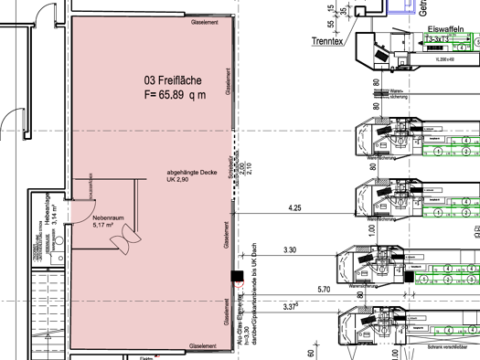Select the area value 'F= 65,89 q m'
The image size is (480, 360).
pos(175,93)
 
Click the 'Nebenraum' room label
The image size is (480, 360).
pos(108,218)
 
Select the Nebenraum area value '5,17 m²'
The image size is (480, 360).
pos(107,226)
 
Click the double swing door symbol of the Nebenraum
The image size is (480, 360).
pos(120,241)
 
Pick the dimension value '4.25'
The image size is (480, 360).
pos(293,208)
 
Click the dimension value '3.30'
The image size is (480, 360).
pos(291,249)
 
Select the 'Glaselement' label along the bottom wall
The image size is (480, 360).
pos(202,346)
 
